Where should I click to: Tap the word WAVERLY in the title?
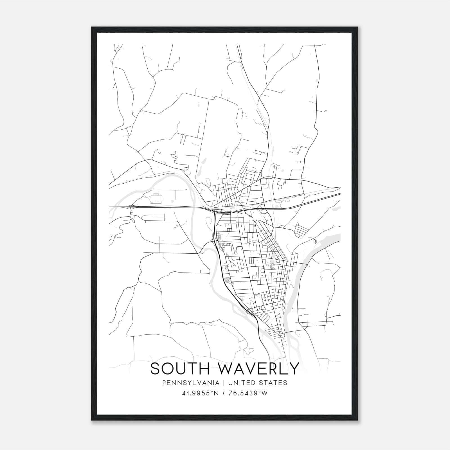tap(254, 368)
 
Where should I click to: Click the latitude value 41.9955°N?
tap(200, 393)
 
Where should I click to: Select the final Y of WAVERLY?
tap(293, 368)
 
